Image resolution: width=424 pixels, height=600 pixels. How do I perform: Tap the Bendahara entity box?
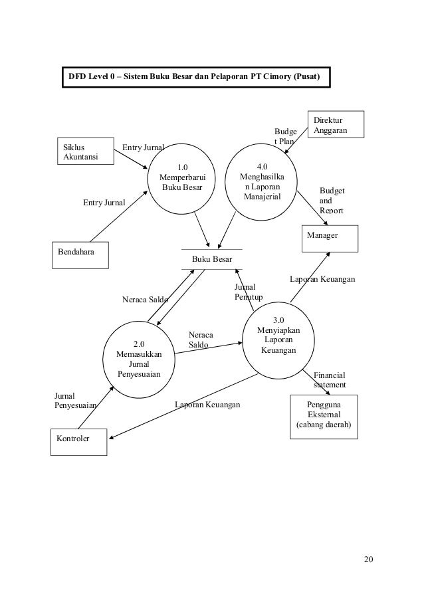pos(80,256)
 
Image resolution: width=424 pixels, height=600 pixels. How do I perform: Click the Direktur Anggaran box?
pos(336,125)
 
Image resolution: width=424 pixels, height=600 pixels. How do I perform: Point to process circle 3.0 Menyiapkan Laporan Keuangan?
pos(278,340)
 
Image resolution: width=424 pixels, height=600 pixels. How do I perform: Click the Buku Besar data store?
pos(212,259)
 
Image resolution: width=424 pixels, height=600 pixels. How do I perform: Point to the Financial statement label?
pos(329,380)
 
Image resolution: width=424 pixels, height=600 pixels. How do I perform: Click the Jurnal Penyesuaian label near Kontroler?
pos(74,400)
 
